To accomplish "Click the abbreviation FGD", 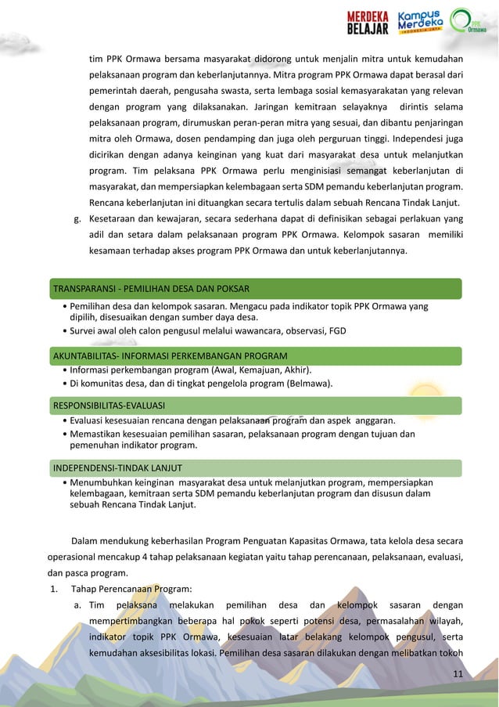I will pyautogui.click(x=336, y=330).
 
